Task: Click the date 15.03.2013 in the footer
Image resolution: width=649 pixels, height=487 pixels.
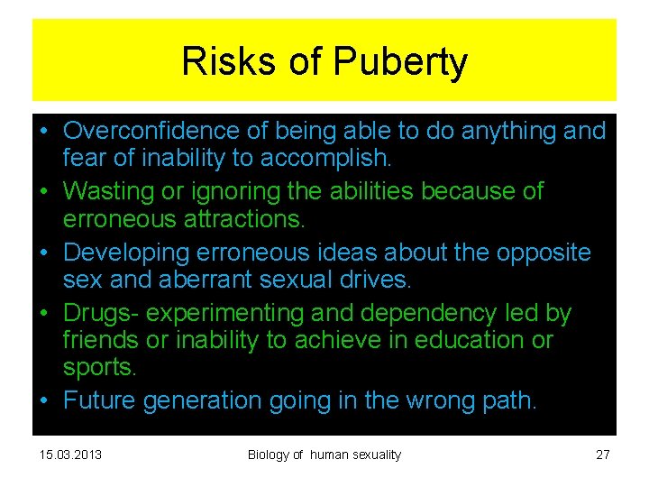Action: (x=71, y=455)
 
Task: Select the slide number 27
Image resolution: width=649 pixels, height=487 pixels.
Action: (x=603, y=455)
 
